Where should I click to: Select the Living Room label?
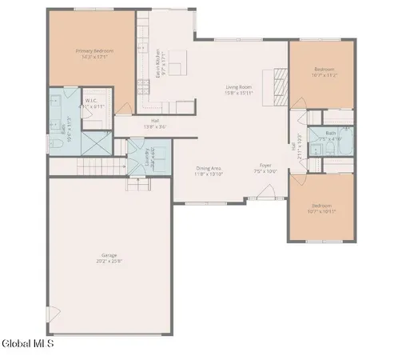pyautogui.click(x=238, y=87)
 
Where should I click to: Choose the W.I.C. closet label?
pyautogui.click(x=94, y=100)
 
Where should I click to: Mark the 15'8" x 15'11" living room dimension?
pyautogui.click(x=238, y=93)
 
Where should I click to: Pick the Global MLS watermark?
pyautogui.click(x=28, y=344)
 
